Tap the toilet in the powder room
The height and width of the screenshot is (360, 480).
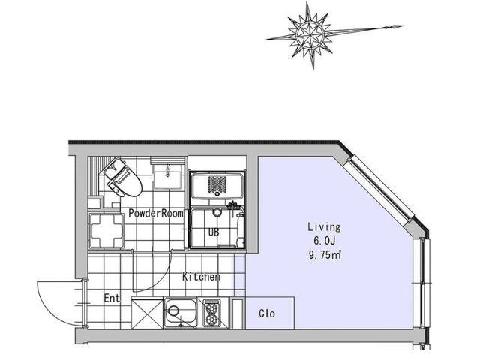coord(122,178)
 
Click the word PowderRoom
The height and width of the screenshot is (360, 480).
coord(156,213)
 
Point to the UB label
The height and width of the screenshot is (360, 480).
coord(214,232)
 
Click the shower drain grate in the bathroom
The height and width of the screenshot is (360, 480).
coord(217,185)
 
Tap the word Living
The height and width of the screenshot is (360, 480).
coord(324,226)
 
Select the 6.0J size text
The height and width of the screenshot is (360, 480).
coord(324,241)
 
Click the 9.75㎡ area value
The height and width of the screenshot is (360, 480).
coord(325,255)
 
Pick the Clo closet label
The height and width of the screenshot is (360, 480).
coord(267,313)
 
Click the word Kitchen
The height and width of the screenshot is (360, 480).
coord(201,277)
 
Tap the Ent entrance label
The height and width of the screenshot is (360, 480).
coord(112,298)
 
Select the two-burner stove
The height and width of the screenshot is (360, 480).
coord(211,313)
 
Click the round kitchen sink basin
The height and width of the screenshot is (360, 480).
coord(173,310)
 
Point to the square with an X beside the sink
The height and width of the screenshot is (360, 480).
coord(147,313)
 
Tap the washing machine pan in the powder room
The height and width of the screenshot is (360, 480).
coord(106,230)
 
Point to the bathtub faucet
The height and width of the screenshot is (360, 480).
coord(233,205)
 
